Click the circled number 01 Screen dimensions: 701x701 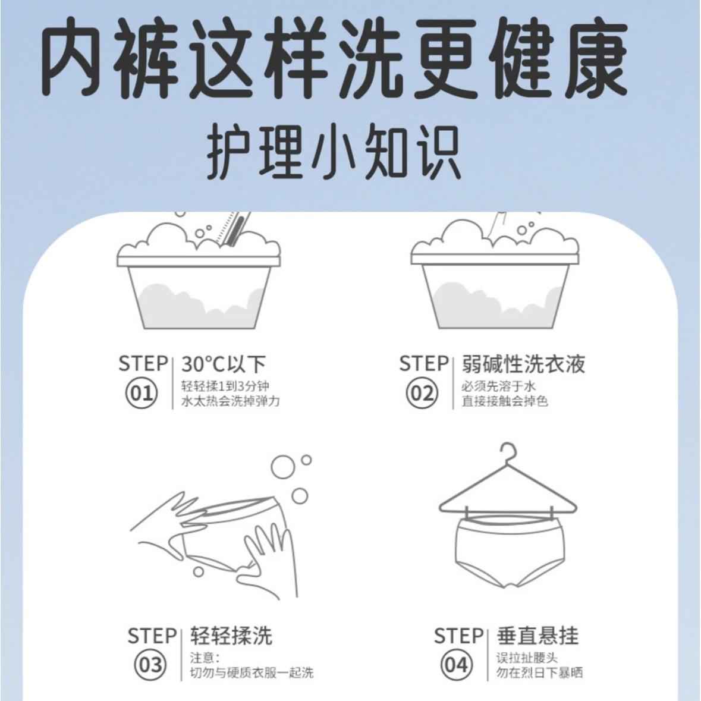142,394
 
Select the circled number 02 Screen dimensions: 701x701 422,394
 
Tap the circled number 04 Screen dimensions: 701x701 457,665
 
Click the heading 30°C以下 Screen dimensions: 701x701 224,364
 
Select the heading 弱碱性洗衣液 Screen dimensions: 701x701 523,364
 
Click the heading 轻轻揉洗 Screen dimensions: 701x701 231,636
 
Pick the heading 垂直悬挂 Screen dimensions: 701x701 537,636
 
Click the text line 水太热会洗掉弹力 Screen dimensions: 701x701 230,401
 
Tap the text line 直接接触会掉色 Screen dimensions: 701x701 505,401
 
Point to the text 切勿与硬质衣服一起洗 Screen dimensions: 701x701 252,672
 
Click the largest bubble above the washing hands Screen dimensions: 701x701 282,467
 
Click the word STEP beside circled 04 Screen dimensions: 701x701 458,636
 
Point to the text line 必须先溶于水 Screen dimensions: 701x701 498,386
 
